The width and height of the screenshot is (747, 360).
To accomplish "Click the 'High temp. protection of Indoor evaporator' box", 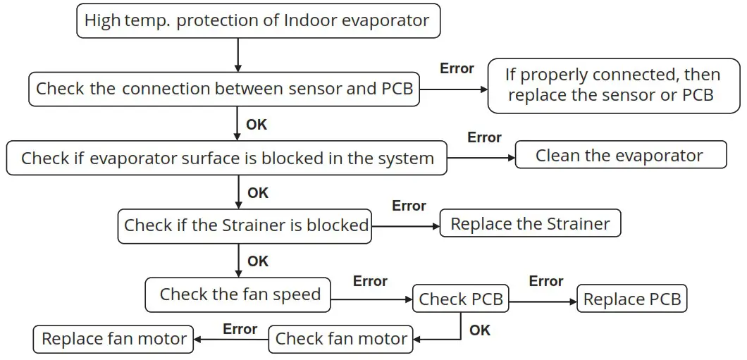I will (x=258, y=20).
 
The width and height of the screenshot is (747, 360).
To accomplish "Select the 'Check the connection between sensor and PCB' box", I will (x=224, y=89).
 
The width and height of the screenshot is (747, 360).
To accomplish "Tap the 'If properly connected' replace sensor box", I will (x=613, y=85).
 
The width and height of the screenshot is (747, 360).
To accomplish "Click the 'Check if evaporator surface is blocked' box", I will (x=227, y=158).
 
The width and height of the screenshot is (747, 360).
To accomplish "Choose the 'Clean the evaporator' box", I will (x=620, y=156).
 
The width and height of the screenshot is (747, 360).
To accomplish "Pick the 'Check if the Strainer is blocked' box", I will (x=245, y=225).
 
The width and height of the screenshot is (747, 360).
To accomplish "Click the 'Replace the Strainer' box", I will (x=530, y=224).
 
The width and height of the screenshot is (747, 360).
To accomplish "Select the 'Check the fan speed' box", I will (x=239, y=294).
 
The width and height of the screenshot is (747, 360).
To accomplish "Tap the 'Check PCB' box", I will (x=461, y=299).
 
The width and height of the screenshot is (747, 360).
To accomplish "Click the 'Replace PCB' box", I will (x=632, y=299).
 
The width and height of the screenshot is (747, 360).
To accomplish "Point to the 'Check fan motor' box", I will (x=341, y=339).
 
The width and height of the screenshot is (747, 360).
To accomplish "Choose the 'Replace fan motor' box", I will (x=113, y=339).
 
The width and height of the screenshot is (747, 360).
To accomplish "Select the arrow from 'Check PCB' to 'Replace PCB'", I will (x=543, y=301).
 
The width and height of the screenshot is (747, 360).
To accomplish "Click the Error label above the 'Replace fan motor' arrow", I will (x=240, y=329).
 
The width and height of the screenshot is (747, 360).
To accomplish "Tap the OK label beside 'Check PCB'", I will (x=480, y=330).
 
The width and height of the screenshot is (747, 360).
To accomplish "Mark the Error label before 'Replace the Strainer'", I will (x=409, y=206).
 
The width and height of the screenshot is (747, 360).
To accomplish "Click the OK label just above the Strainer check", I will (x=258, y=192).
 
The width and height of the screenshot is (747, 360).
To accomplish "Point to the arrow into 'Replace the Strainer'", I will (x=405, y=226).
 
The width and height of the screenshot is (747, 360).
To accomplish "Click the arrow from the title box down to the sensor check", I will (x=238, y=54).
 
